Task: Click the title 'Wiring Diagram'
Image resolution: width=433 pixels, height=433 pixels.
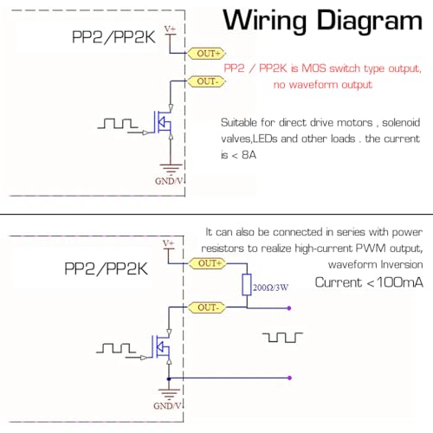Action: [x=323, y=21]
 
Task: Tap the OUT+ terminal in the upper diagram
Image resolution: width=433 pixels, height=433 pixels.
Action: [x=206, y=54]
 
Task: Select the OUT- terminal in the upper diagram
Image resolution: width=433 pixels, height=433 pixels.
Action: [x=206, y=81]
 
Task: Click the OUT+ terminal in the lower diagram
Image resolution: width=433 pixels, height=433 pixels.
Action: [x=207, y=263]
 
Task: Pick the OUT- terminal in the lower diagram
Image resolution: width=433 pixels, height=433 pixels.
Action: [x=207, y=307]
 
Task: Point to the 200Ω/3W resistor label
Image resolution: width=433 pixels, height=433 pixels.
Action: [x=271, y=288]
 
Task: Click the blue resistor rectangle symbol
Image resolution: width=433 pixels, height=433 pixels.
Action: [x=247, y=285]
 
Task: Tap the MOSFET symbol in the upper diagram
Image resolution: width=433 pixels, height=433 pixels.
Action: [x=163, y=122]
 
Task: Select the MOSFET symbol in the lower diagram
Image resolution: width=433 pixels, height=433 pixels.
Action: [x=162, y=346]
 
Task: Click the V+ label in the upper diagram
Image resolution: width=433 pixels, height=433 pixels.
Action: [x=170, y=29]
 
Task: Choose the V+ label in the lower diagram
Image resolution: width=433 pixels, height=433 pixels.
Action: [x=169, y=243]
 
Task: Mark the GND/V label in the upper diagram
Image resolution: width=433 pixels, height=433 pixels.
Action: [x=169, y=181]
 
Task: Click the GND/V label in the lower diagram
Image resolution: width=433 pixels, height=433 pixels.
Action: [x=168, y=406]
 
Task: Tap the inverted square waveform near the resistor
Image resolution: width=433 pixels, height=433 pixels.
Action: [x=282, y=337]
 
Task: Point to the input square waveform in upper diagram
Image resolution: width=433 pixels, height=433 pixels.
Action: [x=118, y=123]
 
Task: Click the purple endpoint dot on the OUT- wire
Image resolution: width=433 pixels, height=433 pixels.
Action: [x=289, y=308]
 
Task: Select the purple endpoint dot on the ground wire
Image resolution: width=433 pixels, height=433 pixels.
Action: [x=290, y=378]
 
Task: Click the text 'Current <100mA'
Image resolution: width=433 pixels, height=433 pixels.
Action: [x=369, y=282]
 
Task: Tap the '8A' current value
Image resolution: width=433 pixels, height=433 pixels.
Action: [x=249, y=155]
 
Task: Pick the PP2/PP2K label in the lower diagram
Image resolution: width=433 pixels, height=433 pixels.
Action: [x=106, y=269]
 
